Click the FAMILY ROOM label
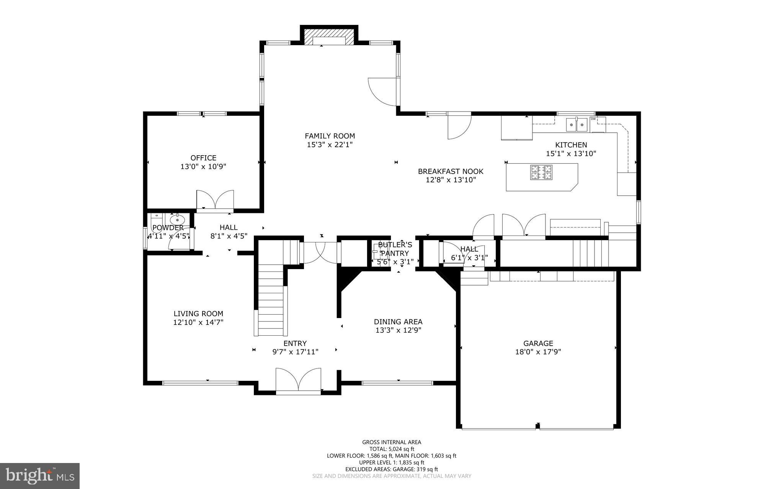coord(330,136)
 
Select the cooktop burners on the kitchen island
coord(541,172)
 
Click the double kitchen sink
coord(577,124)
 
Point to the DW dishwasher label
coord(593,119)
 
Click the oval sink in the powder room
coord(177,220)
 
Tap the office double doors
coord(215,199)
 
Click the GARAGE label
coord(538,343)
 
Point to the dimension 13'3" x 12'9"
coord(398,330)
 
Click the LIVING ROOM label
coord(198,314)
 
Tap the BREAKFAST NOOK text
coord(451,171)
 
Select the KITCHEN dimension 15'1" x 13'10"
coord(571,154)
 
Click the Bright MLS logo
coord(40,476)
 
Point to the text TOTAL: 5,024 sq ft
coord(392,449)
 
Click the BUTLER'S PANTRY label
coord(395,249)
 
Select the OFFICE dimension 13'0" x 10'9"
coord(203,167)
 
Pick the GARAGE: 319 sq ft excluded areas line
coord(392,469)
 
